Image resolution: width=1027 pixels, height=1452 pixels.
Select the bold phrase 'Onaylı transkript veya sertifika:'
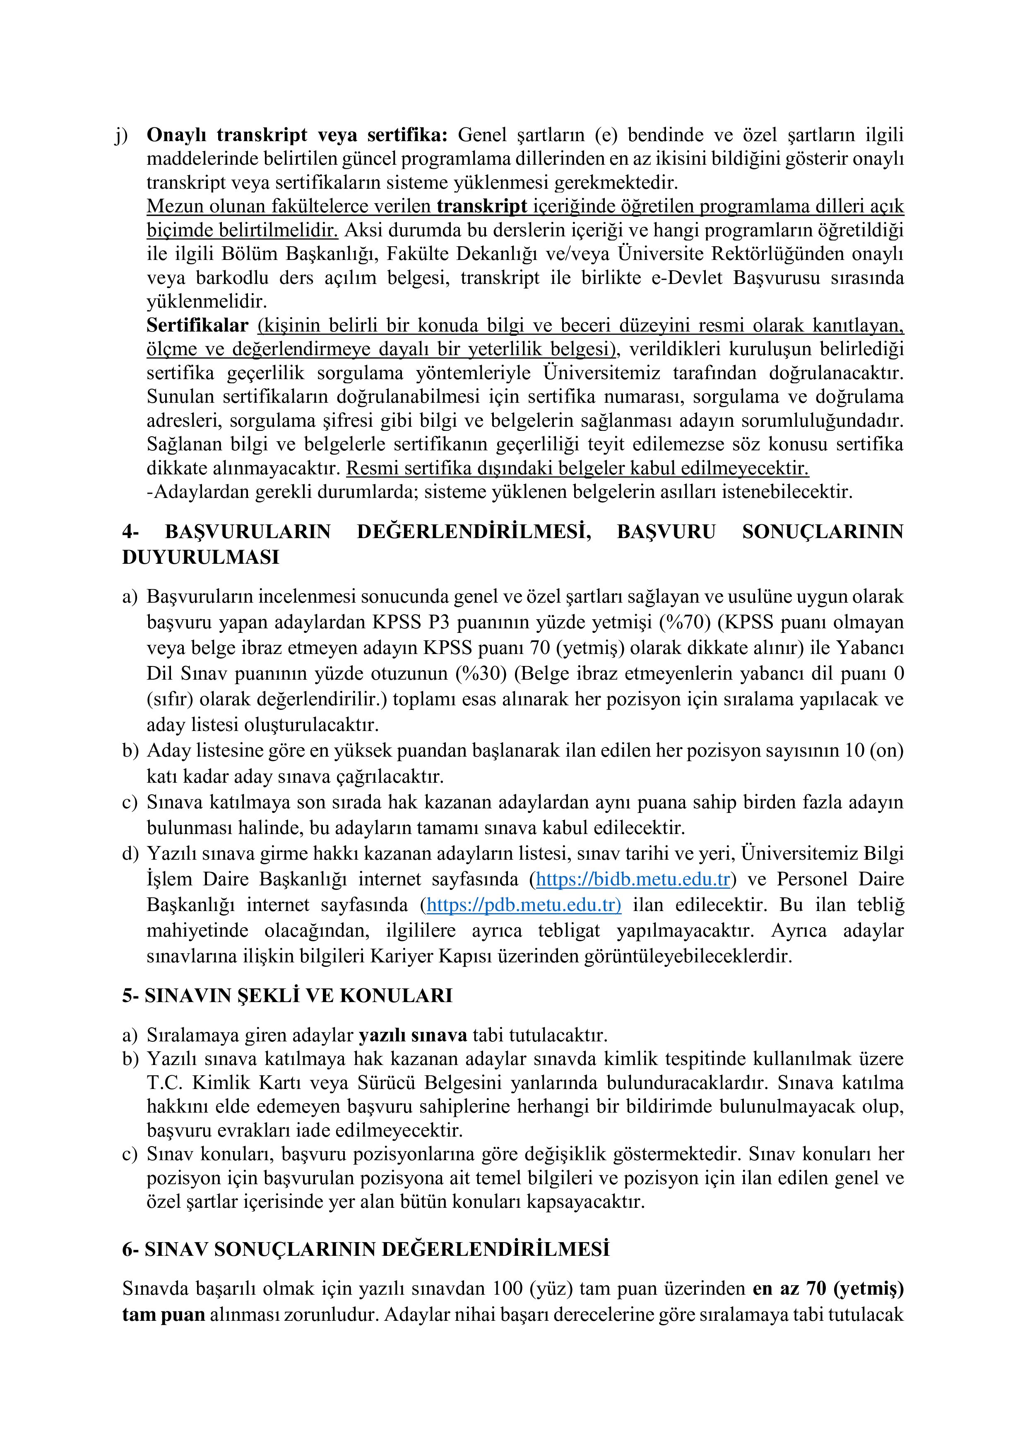297,135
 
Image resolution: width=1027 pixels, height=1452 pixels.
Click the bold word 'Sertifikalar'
197,325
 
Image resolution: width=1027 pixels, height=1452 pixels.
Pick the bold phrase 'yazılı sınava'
413,1035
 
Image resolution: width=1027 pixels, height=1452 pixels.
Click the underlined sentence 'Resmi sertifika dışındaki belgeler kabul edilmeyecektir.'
577,469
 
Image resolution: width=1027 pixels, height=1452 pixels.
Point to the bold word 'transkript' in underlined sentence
482,206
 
